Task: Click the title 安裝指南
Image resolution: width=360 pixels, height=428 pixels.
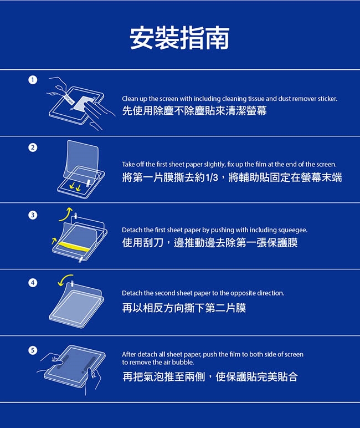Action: click(179, 38)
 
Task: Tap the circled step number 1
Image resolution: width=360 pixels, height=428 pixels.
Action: click(33, 80)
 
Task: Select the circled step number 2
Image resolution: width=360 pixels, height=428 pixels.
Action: click(33, 147)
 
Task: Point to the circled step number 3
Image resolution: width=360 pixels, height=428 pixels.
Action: click(33, 215)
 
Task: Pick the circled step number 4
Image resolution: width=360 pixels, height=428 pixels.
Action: click(33, 283)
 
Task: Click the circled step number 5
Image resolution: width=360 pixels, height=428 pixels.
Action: click(33, 350)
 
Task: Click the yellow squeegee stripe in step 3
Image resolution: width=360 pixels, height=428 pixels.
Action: click(74, 247)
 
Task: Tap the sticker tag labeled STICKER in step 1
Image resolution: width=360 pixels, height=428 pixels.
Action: click(69, 99)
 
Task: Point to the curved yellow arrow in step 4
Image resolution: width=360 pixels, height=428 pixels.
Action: click(65, 279)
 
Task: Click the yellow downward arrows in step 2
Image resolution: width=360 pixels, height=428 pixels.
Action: click(75, 187)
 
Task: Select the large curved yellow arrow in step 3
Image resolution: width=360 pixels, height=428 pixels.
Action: click(65, 215)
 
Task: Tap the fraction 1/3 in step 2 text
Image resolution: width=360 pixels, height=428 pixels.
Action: click(212, 178)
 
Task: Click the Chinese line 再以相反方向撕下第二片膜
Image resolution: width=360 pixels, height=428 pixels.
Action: click(184, 308)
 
